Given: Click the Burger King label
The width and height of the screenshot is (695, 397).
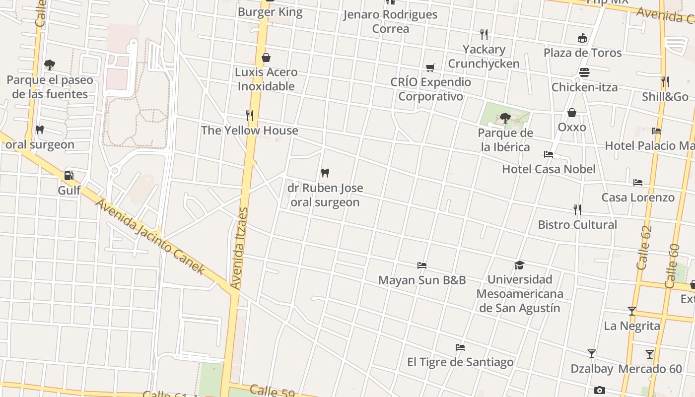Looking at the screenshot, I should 270,12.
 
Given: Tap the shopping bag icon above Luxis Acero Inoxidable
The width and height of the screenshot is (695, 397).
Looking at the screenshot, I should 266,58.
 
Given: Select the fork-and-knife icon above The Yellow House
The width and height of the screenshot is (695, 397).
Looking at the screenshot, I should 250,116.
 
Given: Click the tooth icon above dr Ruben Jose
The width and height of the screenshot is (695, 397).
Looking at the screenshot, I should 325,173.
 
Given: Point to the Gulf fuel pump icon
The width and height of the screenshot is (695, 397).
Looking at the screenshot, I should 69,176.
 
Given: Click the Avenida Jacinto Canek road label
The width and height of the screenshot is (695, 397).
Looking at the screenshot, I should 149,237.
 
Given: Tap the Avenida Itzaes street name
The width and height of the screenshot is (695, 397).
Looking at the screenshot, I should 239,248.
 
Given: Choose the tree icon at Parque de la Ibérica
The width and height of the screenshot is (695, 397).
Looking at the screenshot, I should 505,118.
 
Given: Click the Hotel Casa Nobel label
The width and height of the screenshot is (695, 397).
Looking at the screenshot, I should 549,169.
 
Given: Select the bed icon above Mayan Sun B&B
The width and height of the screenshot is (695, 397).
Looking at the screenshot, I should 422,265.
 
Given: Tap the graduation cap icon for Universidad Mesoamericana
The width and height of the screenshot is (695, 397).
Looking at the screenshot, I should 519,265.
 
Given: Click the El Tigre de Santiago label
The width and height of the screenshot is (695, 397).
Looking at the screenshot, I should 460,362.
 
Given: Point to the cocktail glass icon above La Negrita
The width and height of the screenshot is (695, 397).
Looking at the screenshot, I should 632,311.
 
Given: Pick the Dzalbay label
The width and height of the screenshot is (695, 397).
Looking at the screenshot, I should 591,369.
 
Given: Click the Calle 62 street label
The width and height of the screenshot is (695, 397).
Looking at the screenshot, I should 643,248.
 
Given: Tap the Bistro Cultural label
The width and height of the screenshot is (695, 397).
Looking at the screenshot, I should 577,225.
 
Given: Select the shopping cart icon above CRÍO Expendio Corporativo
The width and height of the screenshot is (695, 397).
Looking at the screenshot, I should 430,67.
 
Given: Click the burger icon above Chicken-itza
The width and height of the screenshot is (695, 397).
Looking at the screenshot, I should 584,72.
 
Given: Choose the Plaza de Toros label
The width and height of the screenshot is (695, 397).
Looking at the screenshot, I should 582,53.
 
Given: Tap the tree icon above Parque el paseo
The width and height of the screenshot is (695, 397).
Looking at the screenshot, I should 49,65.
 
